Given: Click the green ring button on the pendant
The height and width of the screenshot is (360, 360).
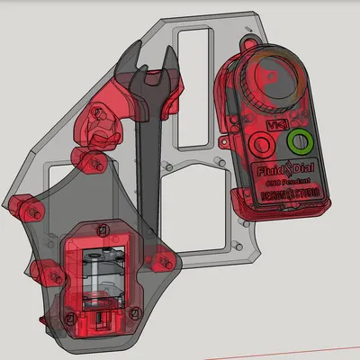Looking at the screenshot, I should [298, 144].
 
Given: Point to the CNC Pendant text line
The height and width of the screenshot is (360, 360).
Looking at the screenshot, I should [283, 182].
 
